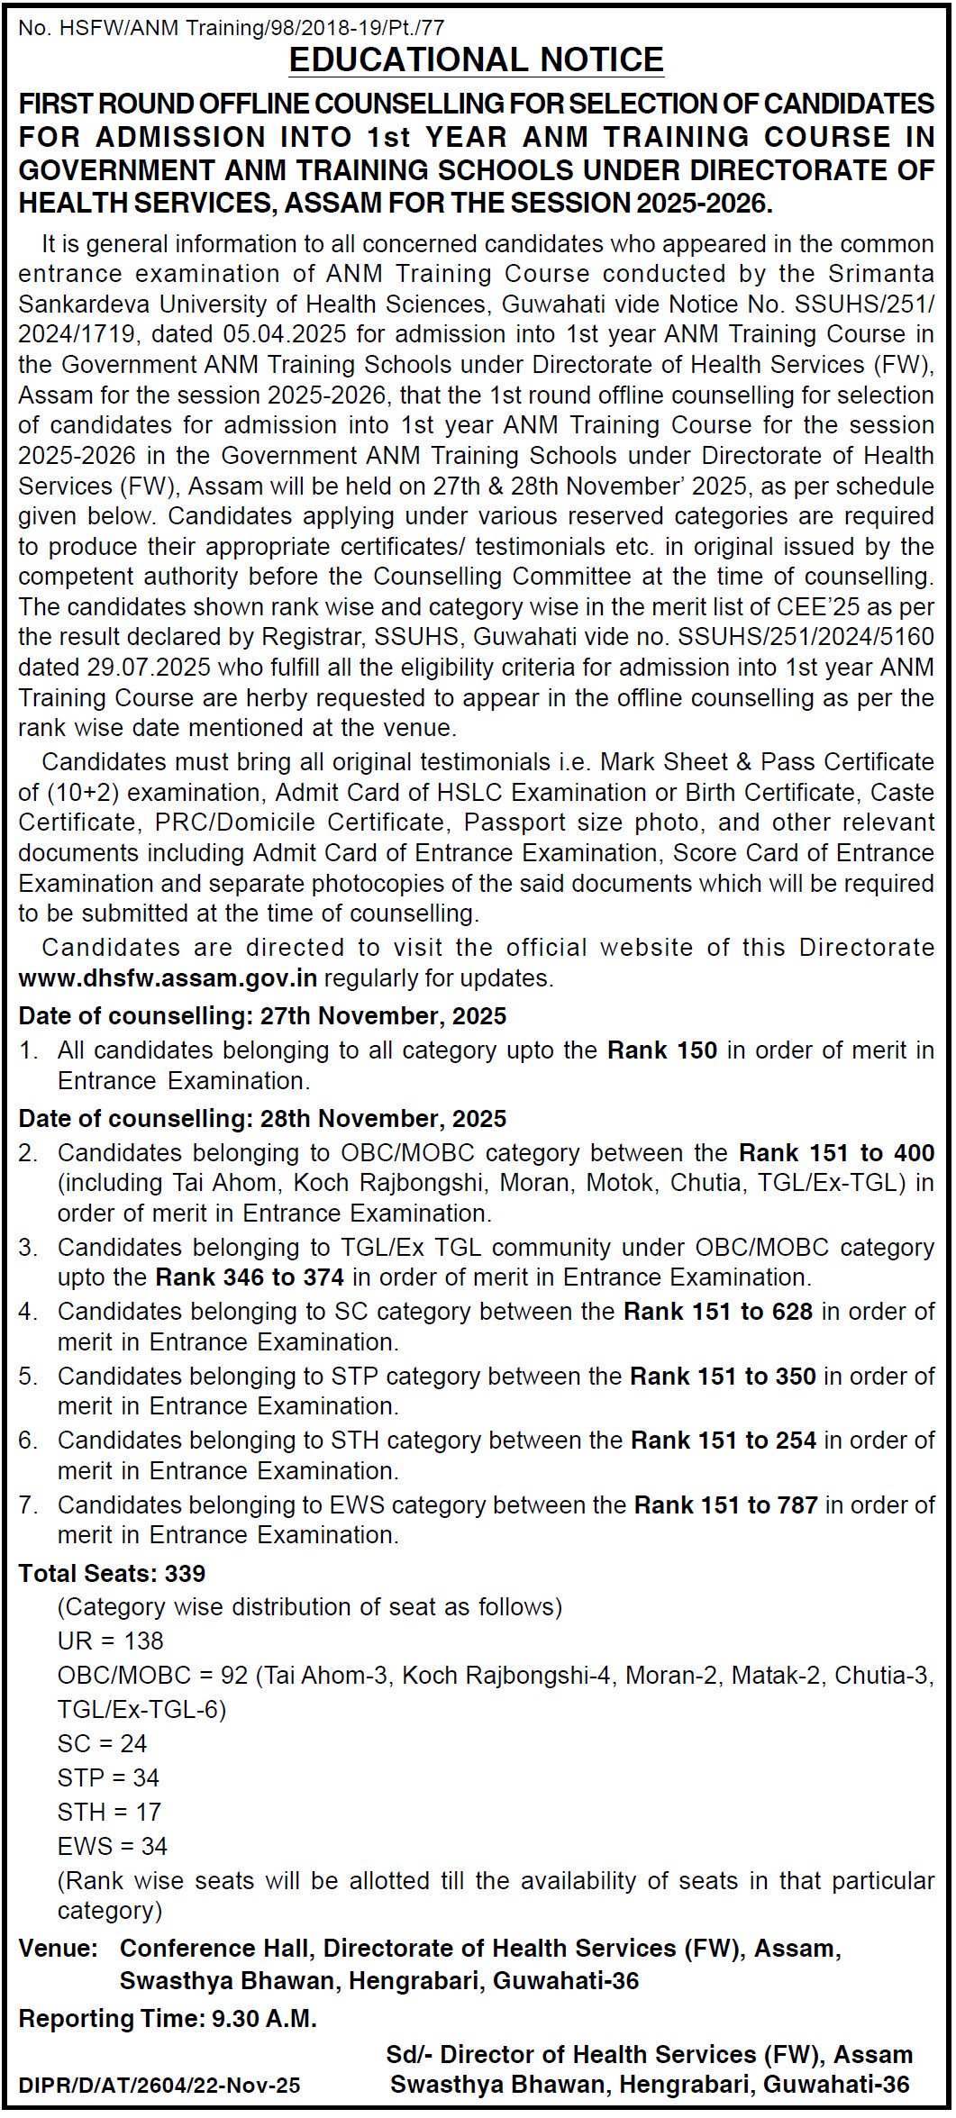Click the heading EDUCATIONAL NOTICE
click(x=477, y=60)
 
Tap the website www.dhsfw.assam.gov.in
click(x=168, y=977)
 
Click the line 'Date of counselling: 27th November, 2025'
click(x=262, y=1016)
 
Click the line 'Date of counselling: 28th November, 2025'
click(x=262, y=1119)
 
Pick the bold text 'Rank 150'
click(x=662, y=1050)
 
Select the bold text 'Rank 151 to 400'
click(x=836, y=1153)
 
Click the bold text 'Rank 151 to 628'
click(x=718, y=1312)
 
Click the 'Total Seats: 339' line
click(x=112, y=1573)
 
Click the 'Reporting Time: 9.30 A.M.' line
click(x=168, y=2020)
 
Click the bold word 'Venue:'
click(x=58, y=1950)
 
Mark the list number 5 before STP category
click(x=27, y=1377)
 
